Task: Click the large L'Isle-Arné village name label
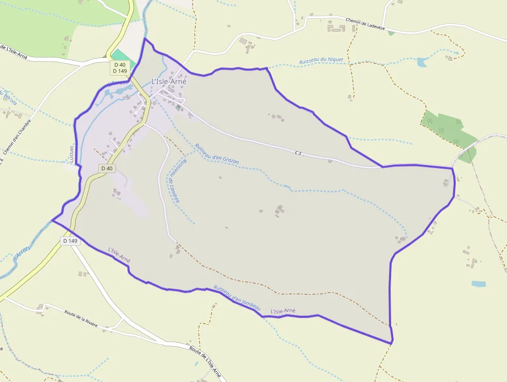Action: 169,81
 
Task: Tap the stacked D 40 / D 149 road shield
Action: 120,68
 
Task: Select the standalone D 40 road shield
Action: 107,168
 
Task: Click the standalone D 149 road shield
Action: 70,240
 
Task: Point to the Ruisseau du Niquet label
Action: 321,61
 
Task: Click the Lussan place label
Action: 71,153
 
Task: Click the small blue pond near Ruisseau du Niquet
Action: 422,62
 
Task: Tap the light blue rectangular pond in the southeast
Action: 479,284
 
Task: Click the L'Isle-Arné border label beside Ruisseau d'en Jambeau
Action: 283,311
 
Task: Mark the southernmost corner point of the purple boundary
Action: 391,343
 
